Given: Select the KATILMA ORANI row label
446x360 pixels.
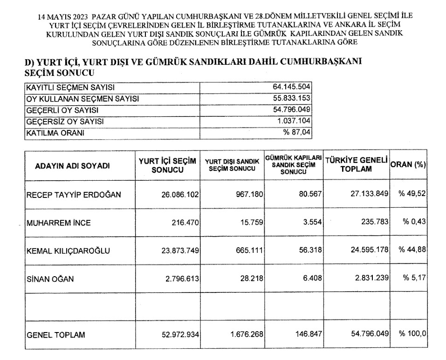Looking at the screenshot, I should coord(53,133).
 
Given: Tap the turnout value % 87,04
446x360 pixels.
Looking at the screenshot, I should coord(296,133).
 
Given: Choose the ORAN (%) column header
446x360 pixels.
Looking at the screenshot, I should coord(409,164).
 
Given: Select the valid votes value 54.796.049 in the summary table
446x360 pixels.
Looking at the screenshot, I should coord(291,110).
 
